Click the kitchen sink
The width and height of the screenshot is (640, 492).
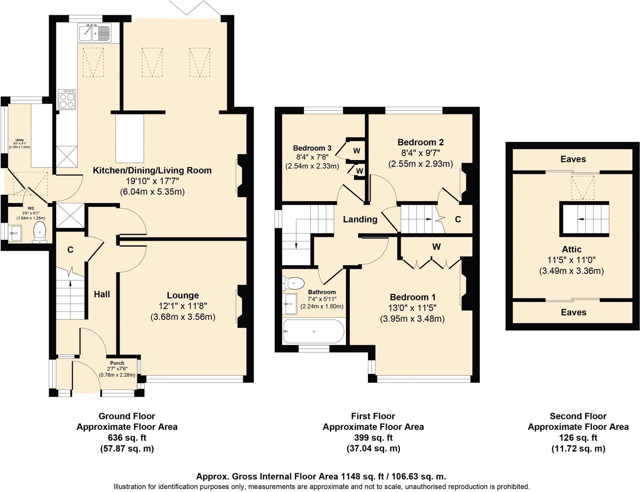(95, 33)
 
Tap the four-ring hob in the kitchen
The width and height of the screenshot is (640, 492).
(67, 99)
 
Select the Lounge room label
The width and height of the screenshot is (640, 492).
(183, 295)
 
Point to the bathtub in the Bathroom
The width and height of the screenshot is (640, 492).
(313, 331)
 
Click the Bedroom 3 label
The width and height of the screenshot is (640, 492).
(312, 148)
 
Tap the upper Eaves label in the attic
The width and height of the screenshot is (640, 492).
(573, 159)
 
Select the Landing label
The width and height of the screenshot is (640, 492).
(360, 219)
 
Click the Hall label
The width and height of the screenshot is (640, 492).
(102, 294)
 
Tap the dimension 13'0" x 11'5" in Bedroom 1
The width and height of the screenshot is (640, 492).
(412, 308)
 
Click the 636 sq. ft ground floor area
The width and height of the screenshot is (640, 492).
(127, 438)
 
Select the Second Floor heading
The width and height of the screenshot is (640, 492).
(578, 416)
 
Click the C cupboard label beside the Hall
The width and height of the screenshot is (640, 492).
(70, 250)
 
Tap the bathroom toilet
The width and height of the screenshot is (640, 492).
(294, 284)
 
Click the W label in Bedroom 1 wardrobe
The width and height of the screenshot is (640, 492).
(436, 247)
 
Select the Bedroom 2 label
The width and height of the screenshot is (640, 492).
(420, 143)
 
